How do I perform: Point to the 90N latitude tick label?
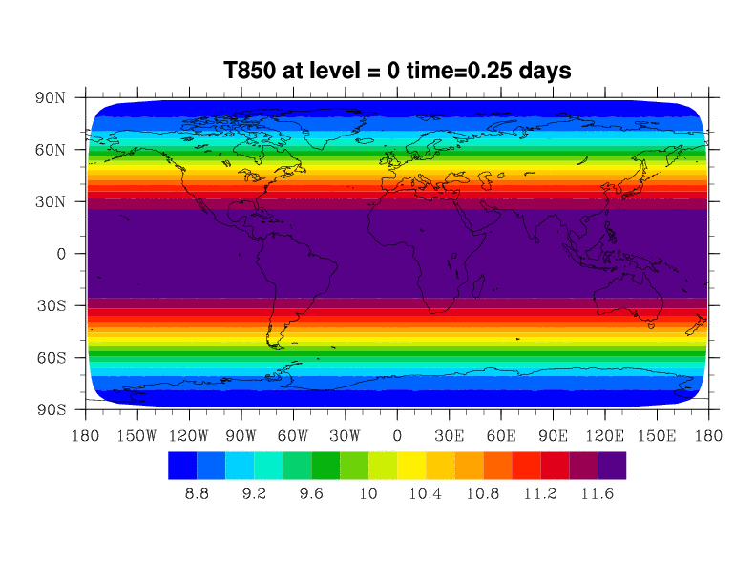coord(50,98)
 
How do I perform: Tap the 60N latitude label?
coord(50,150)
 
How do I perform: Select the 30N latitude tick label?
coord(50,202)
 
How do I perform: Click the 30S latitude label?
coord(50,306)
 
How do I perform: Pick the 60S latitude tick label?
coord(50,358)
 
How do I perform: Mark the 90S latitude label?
coord(50,410)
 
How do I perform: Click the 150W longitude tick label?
coord(136,436)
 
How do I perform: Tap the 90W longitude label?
coord(241,436)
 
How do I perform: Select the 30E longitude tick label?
coord(449,436)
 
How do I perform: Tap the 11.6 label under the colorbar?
coord(598,493)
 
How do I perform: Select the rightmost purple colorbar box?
coord(612,465)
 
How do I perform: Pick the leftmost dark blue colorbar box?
coord(182,465)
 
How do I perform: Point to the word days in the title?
coord(540,71)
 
